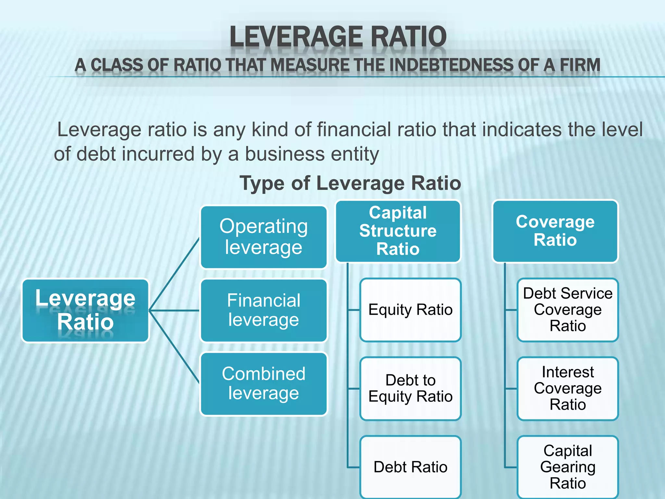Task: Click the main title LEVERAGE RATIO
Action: click(x=338, y=36)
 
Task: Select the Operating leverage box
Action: click(x=263, y=237)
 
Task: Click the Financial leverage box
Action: click(x=263, y=310)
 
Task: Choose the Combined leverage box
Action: click(x=263, y=384)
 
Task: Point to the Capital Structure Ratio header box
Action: click(x=398, y=231)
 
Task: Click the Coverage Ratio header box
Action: click(x=555, y=231)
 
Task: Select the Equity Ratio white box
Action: click(x=410, y=310)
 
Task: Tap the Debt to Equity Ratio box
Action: click(x=410, y=389)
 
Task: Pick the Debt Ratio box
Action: click(x=410, y=467)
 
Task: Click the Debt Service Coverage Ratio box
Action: click(x=568, y=310)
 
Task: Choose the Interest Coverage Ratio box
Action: click(x=568, y=389)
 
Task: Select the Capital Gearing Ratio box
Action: click(x=568, y=467)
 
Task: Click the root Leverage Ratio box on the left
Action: click(x=85, y=310)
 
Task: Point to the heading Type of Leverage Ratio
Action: click(x=350, y=183)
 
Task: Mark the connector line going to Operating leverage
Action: click(x=174, y=275)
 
